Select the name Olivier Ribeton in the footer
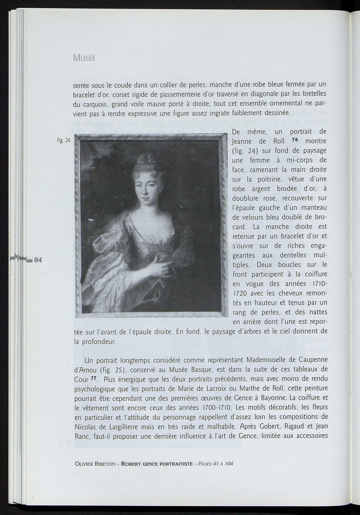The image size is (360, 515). coord(95,464)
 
